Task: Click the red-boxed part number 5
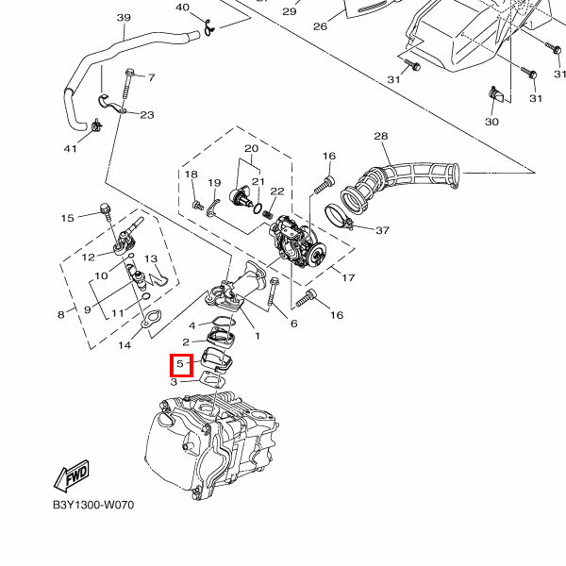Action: [181, 364]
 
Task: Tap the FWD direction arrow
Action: [72, 479]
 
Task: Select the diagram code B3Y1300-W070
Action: [93, 505]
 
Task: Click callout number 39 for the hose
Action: [124, 18]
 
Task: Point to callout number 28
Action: [381, 137]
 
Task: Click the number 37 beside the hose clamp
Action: [382, 230]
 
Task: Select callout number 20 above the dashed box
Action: [251, 149]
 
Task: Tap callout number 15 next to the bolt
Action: [67, 218]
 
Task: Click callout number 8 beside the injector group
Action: [60, 314]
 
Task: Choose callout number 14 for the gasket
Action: [124, 345]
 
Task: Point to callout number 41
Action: [70, 148]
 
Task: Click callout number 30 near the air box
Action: [491, 122]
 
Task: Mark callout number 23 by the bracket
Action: [147, 115]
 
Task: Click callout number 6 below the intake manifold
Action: [293, 325]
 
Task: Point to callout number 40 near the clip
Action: [182, 8]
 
